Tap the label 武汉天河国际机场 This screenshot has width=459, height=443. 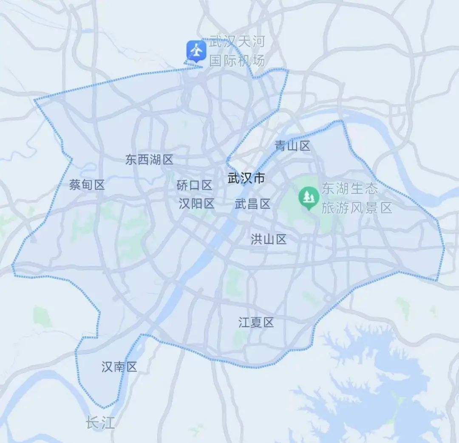point(237,51)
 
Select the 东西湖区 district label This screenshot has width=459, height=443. point(149,160)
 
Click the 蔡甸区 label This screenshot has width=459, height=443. point(87,185)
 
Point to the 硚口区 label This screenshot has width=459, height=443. point(194,185)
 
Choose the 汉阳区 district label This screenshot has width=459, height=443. point(196,204)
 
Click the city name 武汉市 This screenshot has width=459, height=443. point(246,178)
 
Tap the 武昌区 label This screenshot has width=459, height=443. point(252,204)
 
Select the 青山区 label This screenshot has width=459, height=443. point(292,146)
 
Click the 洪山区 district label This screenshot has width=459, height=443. point(269,240)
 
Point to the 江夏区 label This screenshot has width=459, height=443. point(256,323)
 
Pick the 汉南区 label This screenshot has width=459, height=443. point(119,367)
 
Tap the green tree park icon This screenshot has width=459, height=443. point(309,197)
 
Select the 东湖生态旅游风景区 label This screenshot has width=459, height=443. point(356,198)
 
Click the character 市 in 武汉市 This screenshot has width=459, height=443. point(258,178)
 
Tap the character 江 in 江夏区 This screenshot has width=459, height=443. point(244,323)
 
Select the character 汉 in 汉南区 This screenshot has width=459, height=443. point(108,367)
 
